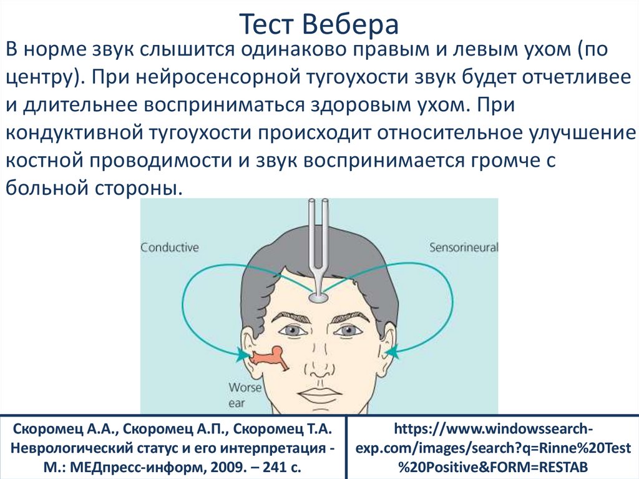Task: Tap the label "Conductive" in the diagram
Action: click(x=169, y=247)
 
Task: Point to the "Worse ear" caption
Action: click(x=240, y=395)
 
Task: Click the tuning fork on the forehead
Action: click(x=319, y=250)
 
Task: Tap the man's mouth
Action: click(x=319, y=394)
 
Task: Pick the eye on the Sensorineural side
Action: click(x=351, y=329)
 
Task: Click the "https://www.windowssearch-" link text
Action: click(x=492, y=430)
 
